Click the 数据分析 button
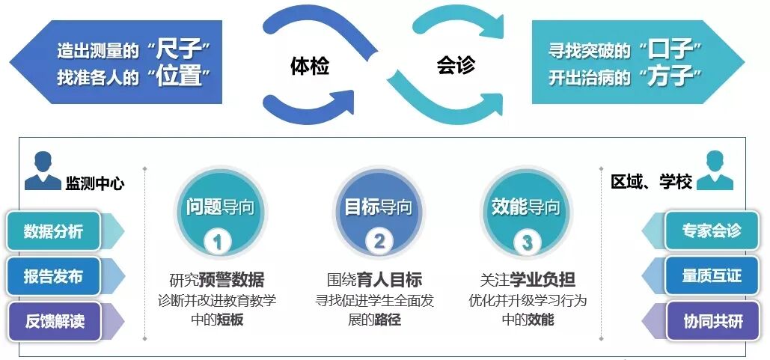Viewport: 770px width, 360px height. [x=53, y=231]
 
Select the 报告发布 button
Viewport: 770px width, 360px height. [x=53, y=276]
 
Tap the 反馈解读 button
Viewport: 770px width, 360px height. [x=54, y=322]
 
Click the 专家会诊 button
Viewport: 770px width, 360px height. [x=711, y=231]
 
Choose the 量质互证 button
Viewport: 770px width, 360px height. [x=711, y=275]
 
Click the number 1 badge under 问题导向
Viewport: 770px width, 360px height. [x=217, y=242]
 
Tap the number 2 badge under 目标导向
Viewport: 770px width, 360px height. [x=379, y=241]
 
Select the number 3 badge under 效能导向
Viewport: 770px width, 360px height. [x=527, y=242]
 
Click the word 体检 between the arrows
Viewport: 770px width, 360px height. [x=309, y=67]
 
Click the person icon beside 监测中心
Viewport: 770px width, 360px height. [x=43, y=172]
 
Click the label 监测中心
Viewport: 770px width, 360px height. [x=95, y=183]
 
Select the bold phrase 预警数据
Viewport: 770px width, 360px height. [x=236, y=281]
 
